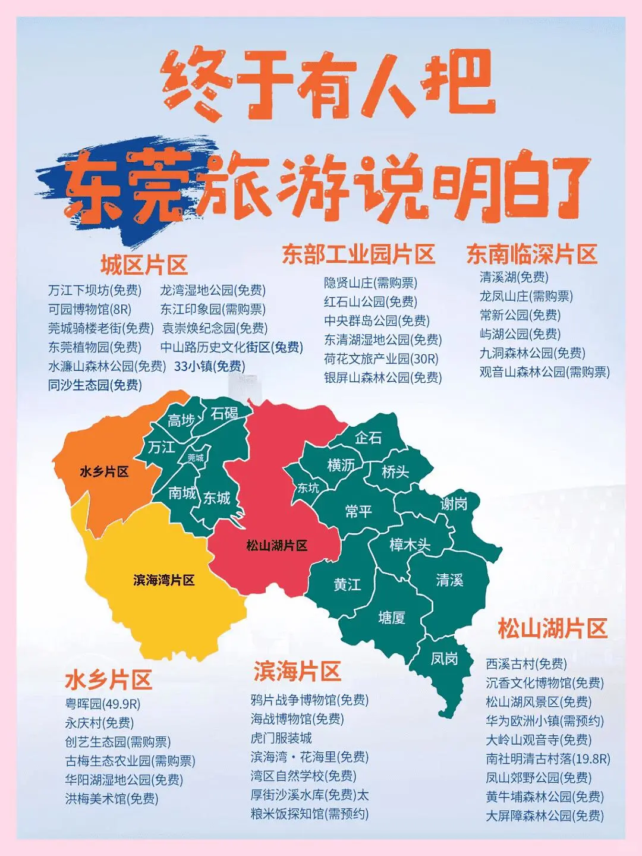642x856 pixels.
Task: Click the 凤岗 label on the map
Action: [x=445, y=658]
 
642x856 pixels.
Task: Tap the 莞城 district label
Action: [x=196, y=457]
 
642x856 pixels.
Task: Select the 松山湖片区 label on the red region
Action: [x=277, y=545]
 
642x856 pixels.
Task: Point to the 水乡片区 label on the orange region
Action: [x=104, y=471]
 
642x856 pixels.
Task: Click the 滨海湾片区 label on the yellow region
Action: [x=164, y=580]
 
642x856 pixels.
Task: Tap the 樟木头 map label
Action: [x=410, y=545]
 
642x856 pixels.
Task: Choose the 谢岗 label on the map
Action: [x=454, y=504]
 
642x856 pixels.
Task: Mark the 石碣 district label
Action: [x=224, y=413]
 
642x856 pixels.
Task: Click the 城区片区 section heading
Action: [x=144, y=265]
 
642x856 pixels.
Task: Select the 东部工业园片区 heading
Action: [x=358, y=254]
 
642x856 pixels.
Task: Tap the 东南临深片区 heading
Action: [x=531, y=254]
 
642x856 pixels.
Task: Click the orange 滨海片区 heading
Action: [x=297, y=671]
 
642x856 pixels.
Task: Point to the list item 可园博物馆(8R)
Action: [x=90, y=309]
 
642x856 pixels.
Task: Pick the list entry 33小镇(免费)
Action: [x=209, y=366]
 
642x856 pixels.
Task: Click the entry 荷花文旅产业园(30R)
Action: [x=381, y=358]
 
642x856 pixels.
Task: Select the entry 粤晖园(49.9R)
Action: [x=103, y=704]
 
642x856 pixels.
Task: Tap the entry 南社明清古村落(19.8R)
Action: [x=547, y=759]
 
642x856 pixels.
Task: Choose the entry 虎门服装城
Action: [x=281, y=738]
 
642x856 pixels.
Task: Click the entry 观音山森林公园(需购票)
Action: [x=545, y=372]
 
